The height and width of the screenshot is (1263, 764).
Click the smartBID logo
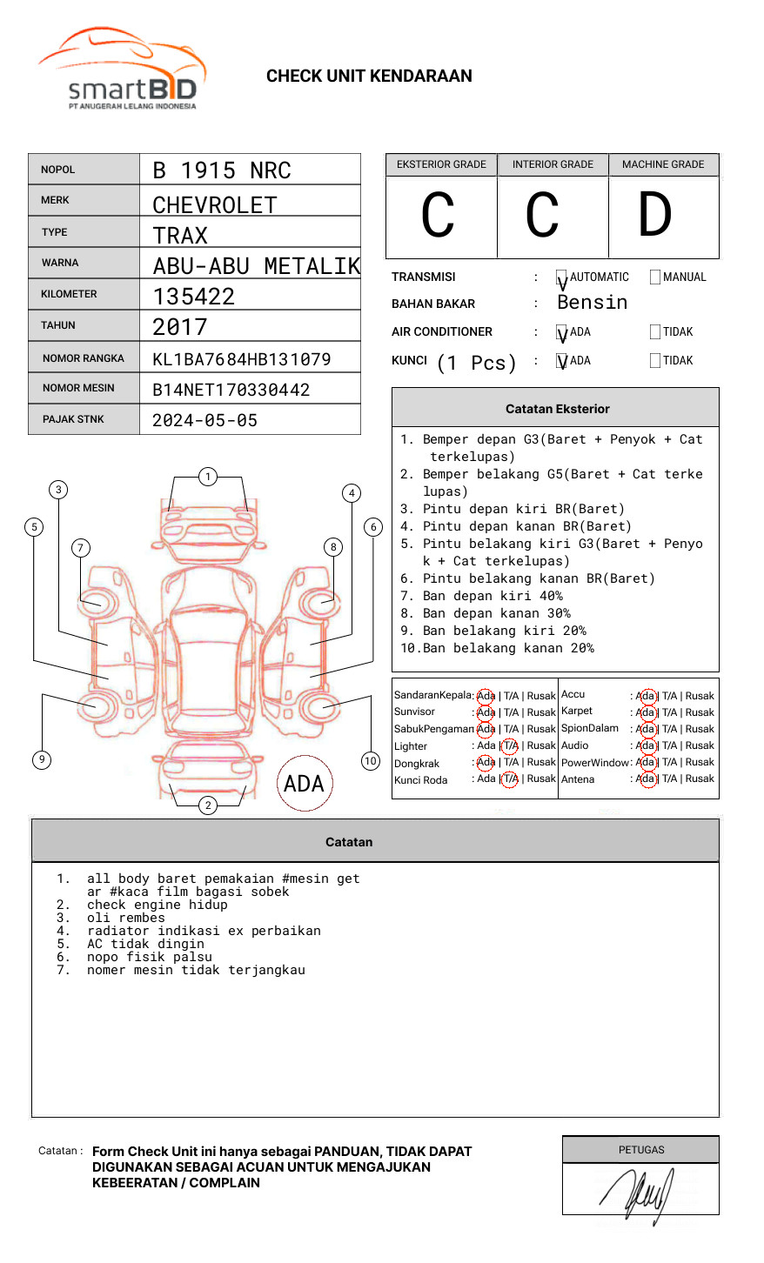(122, 70)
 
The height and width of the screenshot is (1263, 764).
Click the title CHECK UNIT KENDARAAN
(369, 77)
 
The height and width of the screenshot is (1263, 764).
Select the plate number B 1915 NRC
(222, 170)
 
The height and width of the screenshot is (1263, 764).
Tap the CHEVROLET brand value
(215, 205)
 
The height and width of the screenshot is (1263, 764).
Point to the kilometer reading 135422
(194, 297)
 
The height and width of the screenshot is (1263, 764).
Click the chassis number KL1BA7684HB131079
(242, 359)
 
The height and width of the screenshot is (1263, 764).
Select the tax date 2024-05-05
(205, 420)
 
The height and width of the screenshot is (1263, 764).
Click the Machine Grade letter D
(655, 215)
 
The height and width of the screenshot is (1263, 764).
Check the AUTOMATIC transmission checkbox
(562, 278)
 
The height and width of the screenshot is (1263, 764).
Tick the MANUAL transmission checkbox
(655, 277)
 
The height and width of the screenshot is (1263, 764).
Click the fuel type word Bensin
(593, 303)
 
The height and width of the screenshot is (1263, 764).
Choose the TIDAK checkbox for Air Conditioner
(655, 332)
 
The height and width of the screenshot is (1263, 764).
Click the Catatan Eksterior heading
(557, 409)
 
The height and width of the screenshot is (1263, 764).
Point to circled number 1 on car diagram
(207, 477)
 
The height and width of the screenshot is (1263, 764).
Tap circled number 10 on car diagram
(371, 761)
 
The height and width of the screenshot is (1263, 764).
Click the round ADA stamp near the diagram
(305, 784)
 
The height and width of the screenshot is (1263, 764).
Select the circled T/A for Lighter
(510, 745)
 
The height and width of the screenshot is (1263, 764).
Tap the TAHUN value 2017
(180, 328)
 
